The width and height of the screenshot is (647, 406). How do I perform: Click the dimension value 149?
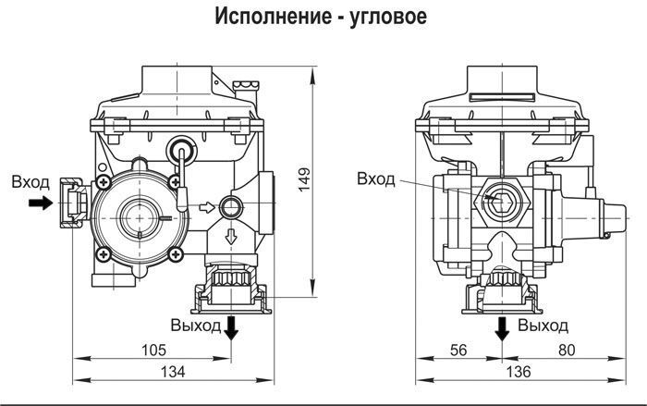(x=304, y=179)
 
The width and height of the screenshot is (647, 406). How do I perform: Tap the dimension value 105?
(x=153, y=351)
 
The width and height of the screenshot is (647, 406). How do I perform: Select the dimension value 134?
(x=173, y=372)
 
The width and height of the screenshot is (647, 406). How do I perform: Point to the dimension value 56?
(x=458, y=351)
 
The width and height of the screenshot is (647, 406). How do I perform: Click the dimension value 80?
(x=567, y=351)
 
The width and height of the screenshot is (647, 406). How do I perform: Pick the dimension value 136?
(x=519, y=372)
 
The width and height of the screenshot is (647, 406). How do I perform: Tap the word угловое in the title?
(x=388, y=18)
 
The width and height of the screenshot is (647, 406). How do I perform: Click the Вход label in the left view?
(x=31, y=182)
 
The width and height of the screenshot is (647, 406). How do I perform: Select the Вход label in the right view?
(x=376, y=178)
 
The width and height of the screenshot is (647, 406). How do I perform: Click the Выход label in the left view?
(x=196, y=326)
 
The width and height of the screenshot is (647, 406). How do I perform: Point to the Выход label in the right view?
(x=543, y=326)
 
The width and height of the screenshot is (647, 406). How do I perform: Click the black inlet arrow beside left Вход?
(x=41, y=203)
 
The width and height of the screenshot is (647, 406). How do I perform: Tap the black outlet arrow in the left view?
(x=231, y=328)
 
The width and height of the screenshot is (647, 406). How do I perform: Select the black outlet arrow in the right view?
(x=502, y=328)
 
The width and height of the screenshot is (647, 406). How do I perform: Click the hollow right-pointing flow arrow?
(x=207, y=207)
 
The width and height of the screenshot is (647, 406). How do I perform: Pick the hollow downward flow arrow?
(x=231, y=237)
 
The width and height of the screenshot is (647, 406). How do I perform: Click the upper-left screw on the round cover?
(x=104, y=182)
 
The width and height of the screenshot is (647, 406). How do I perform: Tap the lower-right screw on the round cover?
(x=176, y=254)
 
